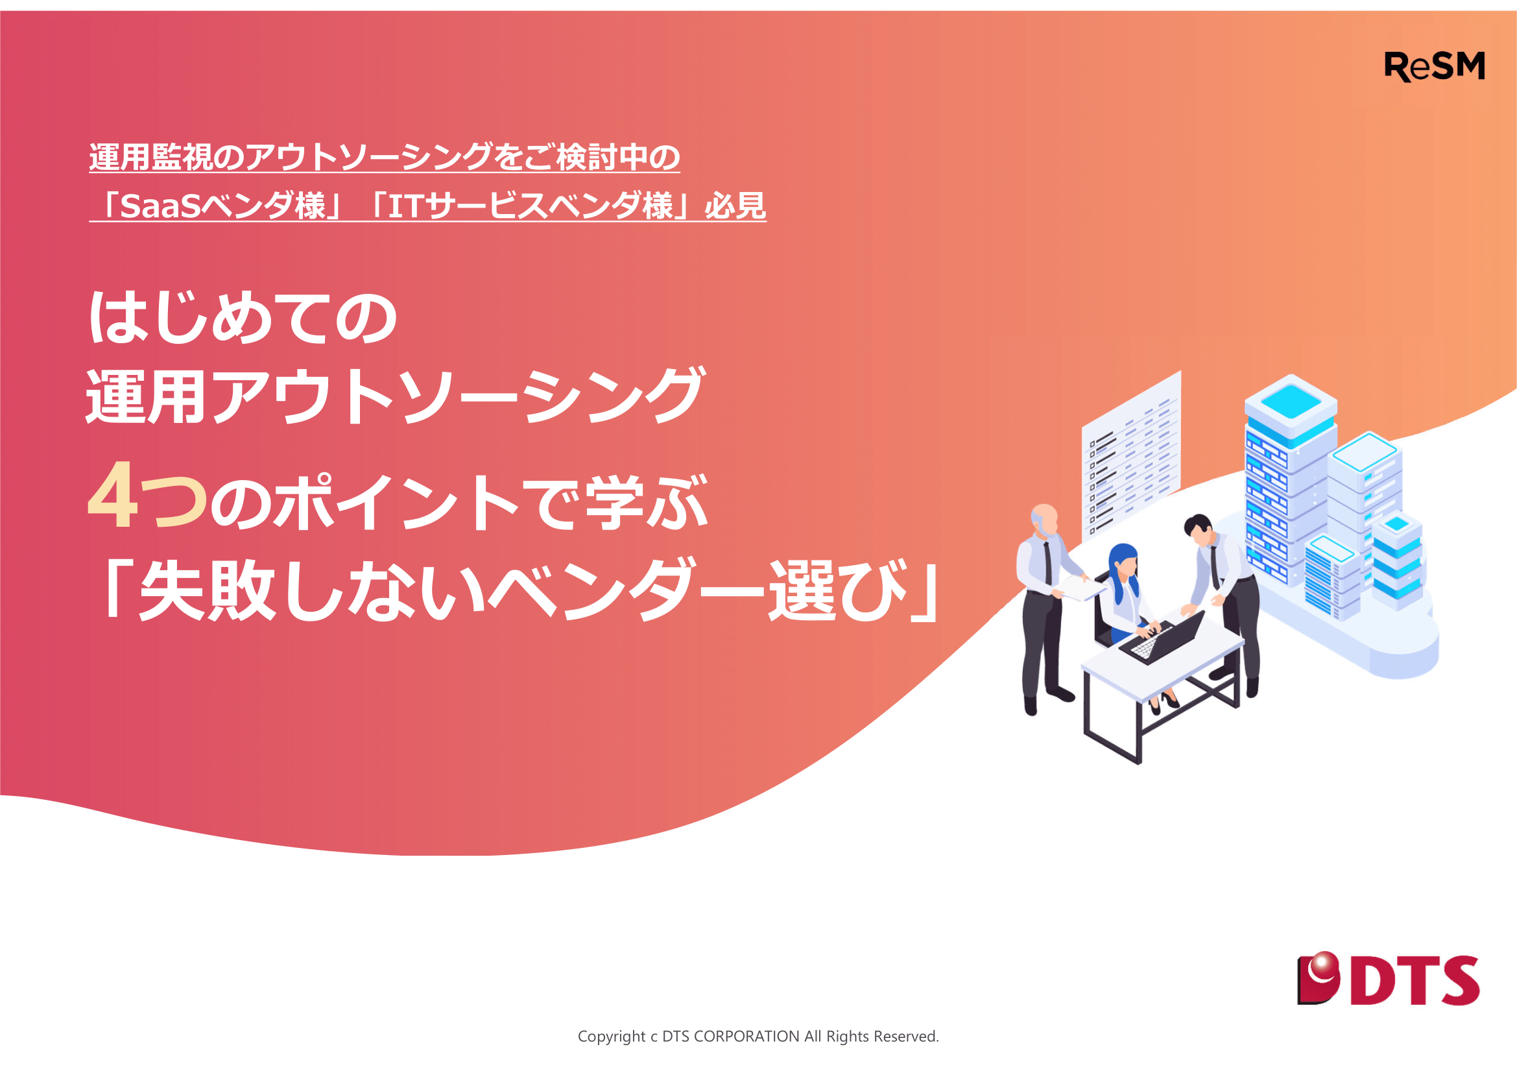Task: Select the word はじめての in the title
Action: (243, 319)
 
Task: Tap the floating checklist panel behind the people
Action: (1131, 456)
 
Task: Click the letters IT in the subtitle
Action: (405, 206)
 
